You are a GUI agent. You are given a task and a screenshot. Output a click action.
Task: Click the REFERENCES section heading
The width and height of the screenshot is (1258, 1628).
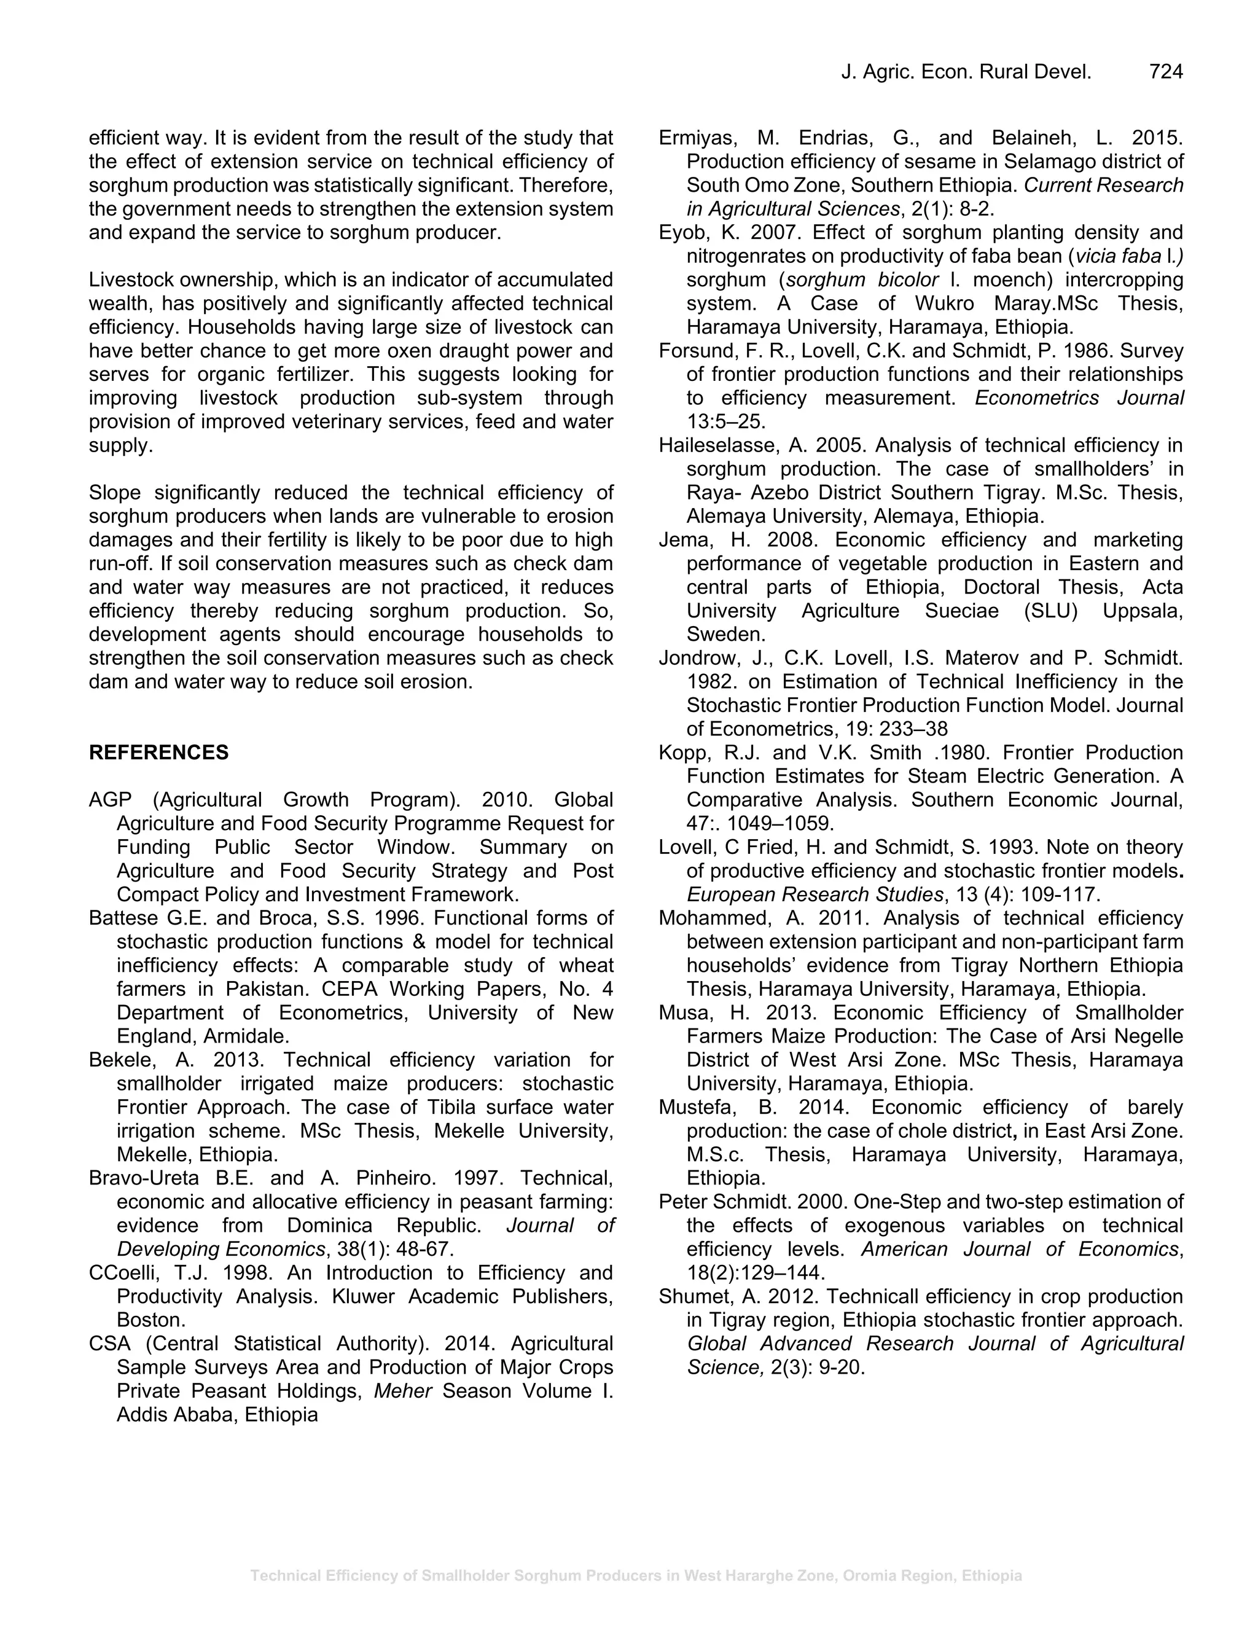(158, 752)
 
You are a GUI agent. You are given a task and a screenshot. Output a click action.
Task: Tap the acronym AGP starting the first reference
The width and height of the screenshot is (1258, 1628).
(111, 800)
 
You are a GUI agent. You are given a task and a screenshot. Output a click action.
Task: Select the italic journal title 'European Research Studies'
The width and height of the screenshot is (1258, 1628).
(814, 894)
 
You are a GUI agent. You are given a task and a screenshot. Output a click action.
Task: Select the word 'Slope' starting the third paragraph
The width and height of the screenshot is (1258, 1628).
(115, 493)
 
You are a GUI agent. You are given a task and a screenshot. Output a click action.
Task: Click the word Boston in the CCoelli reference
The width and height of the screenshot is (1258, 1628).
(150, 1320)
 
